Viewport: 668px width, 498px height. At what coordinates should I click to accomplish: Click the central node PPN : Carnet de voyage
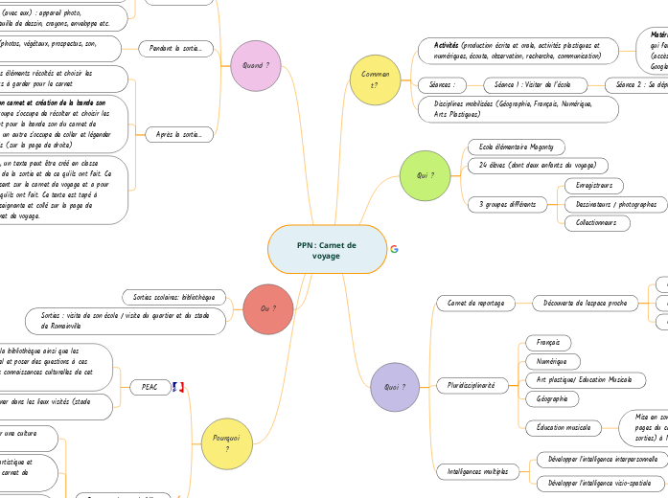point(326,250)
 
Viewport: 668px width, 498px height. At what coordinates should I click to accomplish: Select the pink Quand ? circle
point(256,65)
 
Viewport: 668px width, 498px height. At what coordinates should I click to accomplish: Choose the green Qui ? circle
point(426,175)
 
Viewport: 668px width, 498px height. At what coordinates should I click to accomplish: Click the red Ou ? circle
point(268,308)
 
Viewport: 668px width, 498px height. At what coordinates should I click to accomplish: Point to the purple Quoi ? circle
point(395,387)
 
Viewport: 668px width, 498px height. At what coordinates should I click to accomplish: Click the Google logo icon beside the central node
point(394,249)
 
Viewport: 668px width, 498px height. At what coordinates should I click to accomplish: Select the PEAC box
point(150,387)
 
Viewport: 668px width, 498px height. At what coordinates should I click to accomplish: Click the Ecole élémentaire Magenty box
point(517,147)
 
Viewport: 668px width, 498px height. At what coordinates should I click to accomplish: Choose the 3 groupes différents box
point(508,204)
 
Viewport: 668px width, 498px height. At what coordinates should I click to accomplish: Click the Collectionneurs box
point(597,223)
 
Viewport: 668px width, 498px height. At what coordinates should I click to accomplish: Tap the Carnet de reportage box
point(476,303)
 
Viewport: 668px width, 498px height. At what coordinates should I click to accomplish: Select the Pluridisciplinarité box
point(472,384)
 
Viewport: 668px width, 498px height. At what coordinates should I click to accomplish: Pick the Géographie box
point(551,398)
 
